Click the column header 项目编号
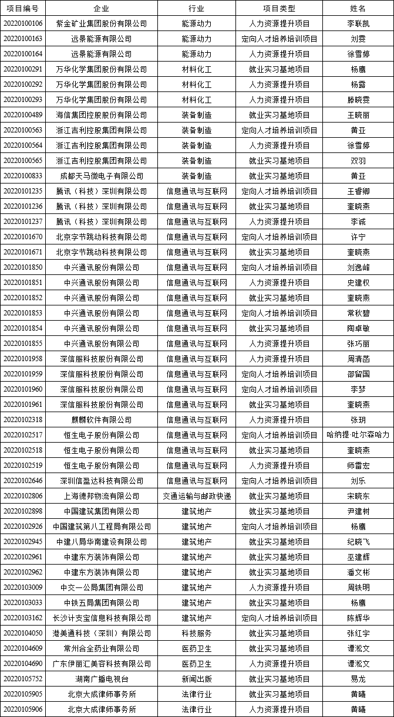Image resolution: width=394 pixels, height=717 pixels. [23, 8]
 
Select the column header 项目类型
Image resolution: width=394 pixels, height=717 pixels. [279, 8]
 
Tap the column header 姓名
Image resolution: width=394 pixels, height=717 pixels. [358, 8]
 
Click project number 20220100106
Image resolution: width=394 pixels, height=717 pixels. [23, 23]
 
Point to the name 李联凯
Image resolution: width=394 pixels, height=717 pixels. [358, 23]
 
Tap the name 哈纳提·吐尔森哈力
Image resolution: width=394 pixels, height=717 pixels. [358, 435]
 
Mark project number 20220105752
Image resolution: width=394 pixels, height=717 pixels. [23, 679]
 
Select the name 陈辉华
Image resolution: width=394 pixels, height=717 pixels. [358, 618]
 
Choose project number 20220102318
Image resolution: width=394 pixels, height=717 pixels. [23, 420]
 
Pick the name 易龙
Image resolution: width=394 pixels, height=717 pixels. [358, 679]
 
